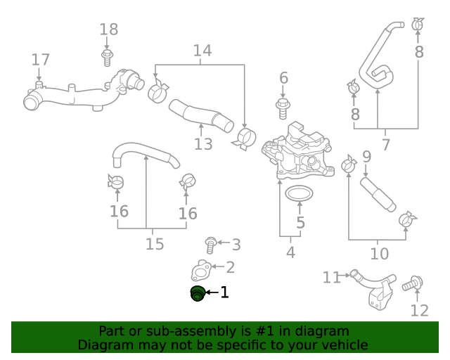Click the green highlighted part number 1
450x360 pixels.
pos(198,294)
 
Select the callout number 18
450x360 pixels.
pos(108,30)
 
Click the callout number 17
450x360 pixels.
pos(40,60)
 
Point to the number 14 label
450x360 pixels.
pos(202,51)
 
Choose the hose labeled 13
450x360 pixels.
pos(200,117)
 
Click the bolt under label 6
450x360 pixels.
pos(283,108)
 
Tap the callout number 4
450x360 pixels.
pos(290,252)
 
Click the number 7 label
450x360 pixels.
pos(385,146)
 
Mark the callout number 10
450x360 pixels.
pos(379,253)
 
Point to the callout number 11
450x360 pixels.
pos(331,278)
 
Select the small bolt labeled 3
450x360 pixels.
pos(210,245)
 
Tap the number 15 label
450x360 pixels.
pos(155,244)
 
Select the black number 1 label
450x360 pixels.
pos(224,292)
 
